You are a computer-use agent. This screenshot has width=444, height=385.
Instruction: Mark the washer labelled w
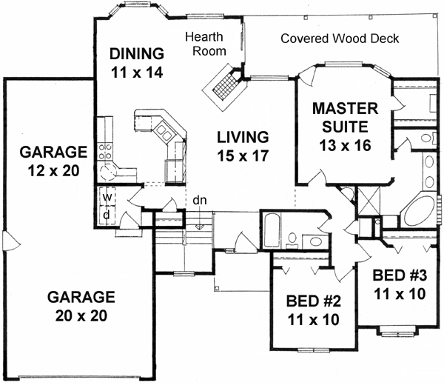107,198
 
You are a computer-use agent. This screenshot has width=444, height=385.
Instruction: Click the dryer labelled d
107,215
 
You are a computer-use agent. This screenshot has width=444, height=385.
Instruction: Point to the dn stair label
200,200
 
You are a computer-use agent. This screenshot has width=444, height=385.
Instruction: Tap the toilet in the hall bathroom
292,239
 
